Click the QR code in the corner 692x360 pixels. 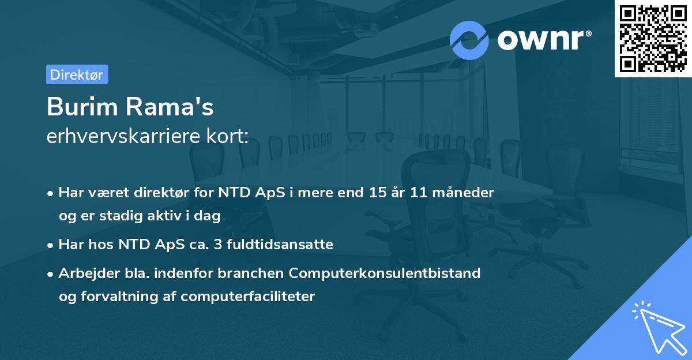pos(653,39)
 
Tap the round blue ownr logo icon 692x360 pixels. pos(469,40)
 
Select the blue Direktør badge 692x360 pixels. pos(77,74)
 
